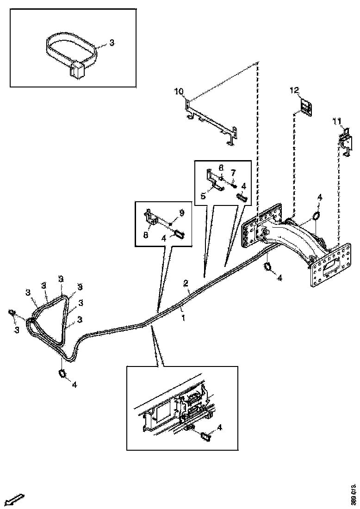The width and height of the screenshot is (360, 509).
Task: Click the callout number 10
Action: [179, 91]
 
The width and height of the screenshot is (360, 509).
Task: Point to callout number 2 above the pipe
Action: [185, 283]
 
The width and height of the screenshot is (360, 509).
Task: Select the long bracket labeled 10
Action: [211, 121]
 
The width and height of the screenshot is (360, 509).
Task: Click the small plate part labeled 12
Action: [306, 107]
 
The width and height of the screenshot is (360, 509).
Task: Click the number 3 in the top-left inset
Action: [112, 43]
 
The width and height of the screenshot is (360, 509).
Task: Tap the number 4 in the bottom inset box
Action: [219, 428]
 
